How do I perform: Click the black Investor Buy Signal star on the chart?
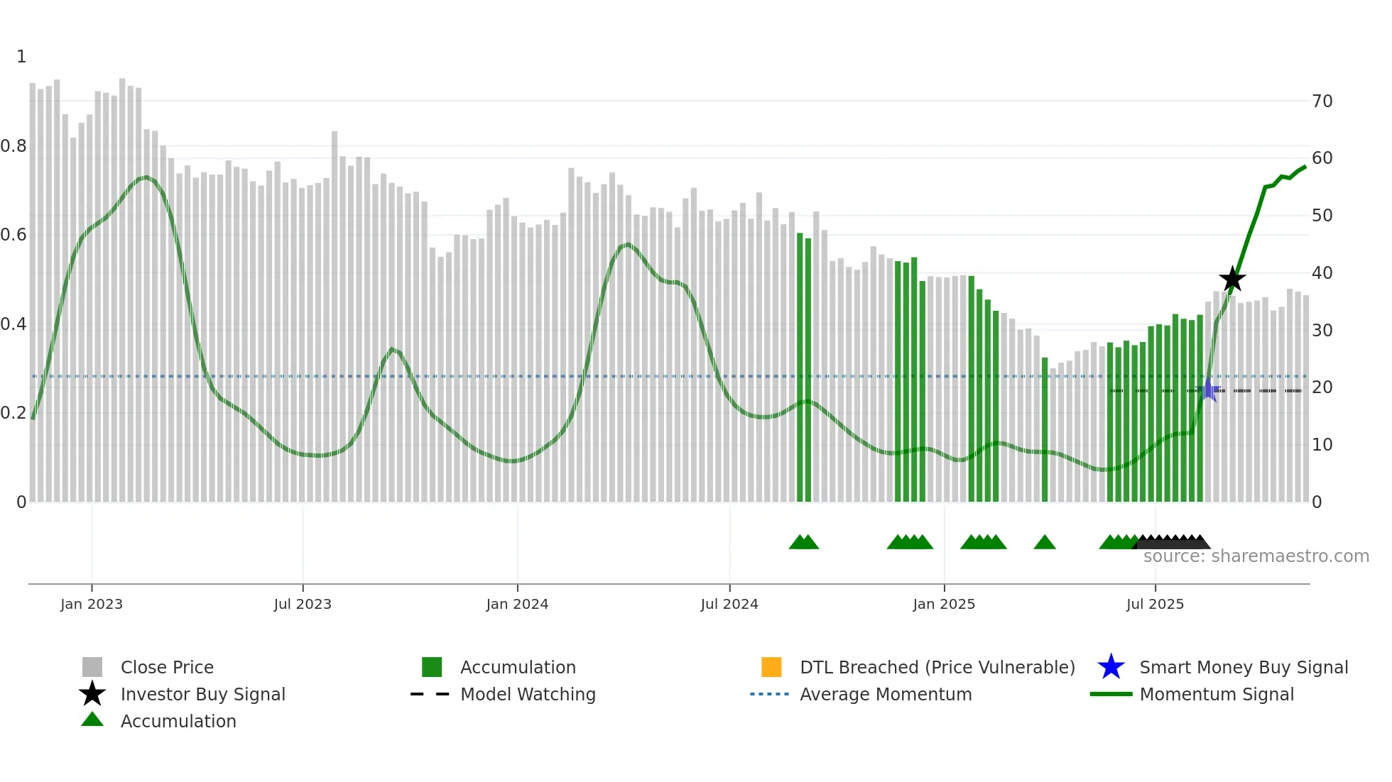[x=1232, y=279]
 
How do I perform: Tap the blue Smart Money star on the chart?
[x=1209, y=390]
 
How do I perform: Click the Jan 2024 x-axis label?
[x=517, y=604]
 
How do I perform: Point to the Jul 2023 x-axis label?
[x=303, y=604]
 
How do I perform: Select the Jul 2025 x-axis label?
[x=1155, y=604]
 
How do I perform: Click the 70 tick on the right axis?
[x=1322, y=101]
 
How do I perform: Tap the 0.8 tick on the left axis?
[x=13, y=146]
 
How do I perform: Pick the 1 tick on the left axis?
[x=21, y=57]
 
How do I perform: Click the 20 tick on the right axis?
[x=1322, y=387]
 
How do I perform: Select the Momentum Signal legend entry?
[x=1216, y=694]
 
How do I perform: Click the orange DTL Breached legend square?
[x=771, y=667]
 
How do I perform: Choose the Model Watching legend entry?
[x=527, y=694]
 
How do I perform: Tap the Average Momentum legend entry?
[x=885, y=694]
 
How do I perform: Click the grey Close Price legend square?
[x=92, y=667]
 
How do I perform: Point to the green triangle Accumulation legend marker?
[x=92, y=720]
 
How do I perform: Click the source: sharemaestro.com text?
[x=1256, y=556]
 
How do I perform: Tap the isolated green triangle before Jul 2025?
[x=1044, y=543]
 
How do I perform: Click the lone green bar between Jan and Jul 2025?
[x=1045, y=429]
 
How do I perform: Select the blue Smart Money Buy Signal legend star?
[x=1111, y=667]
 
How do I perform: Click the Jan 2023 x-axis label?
[x=91, y=604]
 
